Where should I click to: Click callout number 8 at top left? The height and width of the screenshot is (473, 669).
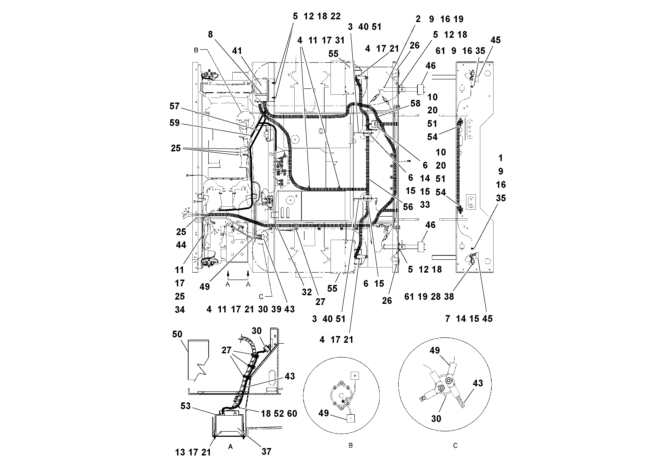coord(210,34)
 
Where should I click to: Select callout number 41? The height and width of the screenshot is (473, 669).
coord(237,51)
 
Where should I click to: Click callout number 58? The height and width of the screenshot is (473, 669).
coord(415,103)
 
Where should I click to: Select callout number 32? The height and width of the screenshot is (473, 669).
coord(307,292)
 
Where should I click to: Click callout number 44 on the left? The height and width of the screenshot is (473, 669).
coord(181,245)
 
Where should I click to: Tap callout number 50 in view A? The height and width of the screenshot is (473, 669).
coord(177,334)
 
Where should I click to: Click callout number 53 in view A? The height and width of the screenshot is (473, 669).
coord(185,406)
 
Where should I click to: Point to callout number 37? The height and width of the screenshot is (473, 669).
coord(266,452)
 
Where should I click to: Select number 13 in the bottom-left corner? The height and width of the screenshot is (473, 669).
coord(180,452)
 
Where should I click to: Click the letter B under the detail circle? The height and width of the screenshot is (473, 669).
coord(351,446)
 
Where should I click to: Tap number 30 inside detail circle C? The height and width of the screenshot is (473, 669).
coord(436,419)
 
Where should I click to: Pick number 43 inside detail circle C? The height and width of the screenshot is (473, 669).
coord(478,383)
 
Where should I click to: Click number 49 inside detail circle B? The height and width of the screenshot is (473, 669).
coord(323,413)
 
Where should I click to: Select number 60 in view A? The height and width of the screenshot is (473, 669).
coord(292,414)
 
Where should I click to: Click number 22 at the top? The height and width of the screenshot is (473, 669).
coord(335,16)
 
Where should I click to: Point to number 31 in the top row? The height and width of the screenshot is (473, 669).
coord(340,40)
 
